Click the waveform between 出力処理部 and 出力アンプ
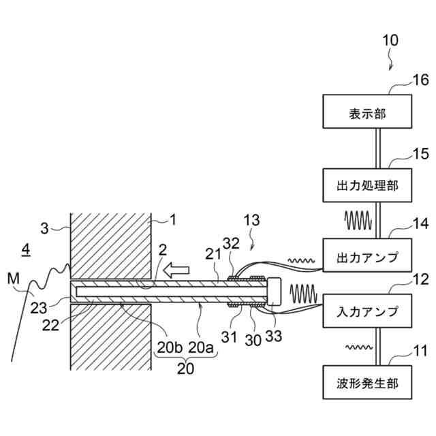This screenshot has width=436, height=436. (x=358, y=220)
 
